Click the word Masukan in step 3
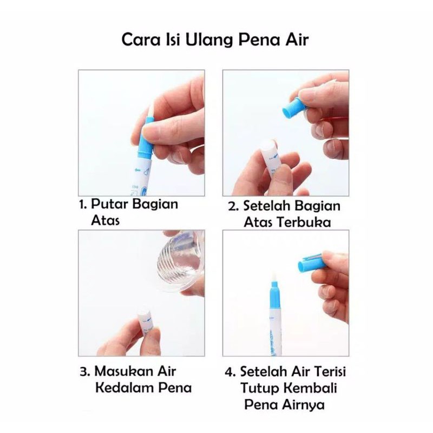(123, 372)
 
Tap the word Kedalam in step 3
(121, 389)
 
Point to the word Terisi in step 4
(327, 372)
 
